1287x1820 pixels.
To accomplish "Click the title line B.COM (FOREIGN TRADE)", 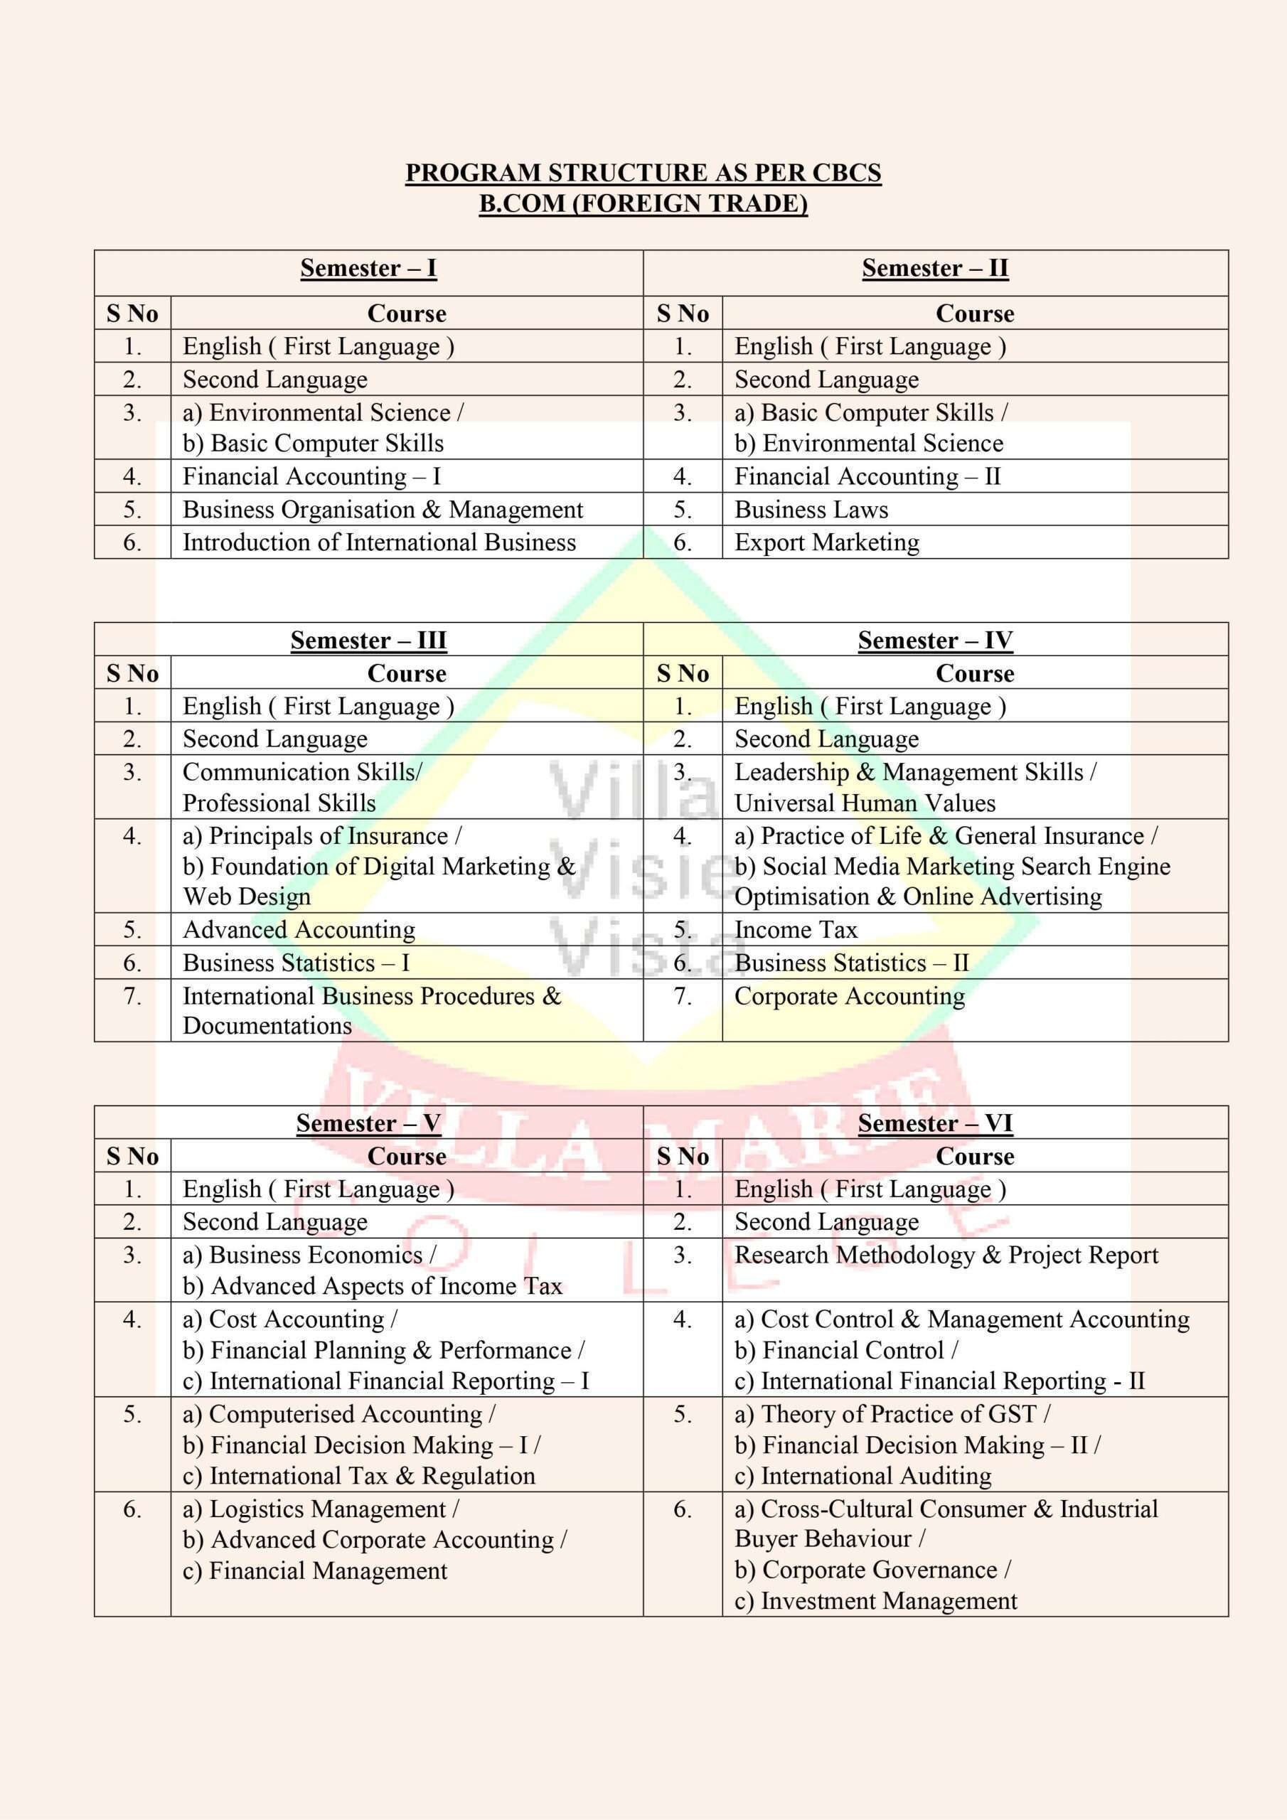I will click(x=643, y=204).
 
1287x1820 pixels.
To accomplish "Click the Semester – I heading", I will click(x=368, y=268).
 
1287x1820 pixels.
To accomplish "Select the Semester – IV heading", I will click(x=935, y=640).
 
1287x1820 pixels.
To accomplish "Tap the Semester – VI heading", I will click(x=935, y=1123).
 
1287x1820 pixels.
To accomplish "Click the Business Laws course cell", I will click(x=811, y=509).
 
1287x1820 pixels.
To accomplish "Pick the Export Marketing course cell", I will click(x=826, y=542).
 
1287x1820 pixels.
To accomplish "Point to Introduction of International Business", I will click(x=379, y=542).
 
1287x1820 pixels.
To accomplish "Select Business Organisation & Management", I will click(x=383, y=509).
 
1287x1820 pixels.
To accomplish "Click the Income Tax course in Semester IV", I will click(x=796, y=929).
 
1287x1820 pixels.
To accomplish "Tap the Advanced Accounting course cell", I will click(x=299, y=929).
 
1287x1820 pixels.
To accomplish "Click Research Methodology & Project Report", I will click(x=946, y=1255).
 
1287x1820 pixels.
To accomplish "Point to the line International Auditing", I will click(x=863, y=1475).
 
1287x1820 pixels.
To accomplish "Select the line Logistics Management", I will click(x=321, y=1509).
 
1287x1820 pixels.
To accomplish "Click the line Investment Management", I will click(x=876, y=1600).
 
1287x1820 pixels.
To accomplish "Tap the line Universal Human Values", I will click(x=865, y=803).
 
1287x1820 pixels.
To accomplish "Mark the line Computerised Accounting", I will click(x=338, y=1413).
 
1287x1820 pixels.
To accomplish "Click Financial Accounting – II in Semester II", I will click(x=867, y=476).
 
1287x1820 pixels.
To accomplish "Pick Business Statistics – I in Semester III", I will click(x=296, y=963).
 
